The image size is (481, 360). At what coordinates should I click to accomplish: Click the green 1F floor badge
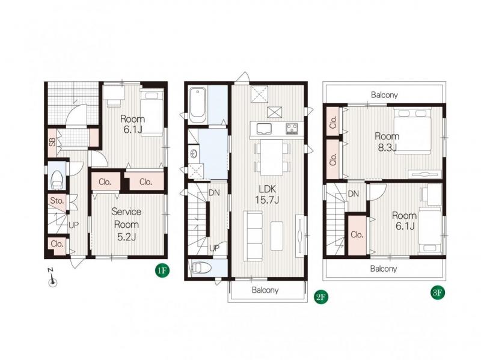(x=162, y=271)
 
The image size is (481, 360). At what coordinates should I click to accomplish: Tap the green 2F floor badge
(x=321, y=297)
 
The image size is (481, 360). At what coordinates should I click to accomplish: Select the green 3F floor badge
(x=437, y=293)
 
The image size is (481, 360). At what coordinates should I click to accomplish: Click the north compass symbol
(x=52, y=278)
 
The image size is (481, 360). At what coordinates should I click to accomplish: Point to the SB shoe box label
(x=52, y=142)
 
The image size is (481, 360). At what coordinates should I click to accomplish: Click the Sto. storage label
(x=57, y=201)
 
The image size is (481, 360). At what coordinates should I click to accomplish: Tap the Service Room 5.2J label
(x=126, y=224)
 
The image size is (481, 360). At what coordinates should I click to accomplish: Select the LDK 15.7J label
(x=267, y=194)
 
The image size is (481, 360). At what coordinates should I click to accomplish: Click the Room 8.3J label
(x=387, y=142)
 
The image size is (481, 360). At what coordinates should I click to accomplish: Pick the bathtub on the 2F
(x=197, y=105)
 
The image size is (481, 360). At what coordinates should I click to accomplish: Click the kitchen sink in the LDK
(x=264, y=129)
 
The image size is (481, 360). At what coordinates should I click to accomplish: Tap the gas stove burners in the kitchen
(x=292, y=129)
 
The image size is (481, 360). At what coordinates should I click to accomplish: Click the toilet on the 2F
(x=201, y=267)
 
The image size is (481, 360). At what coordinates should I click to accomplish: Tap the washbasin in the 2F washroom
(x=194, y=154)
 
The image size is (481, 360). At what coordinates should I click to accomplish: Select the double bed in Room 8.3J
(x=412, y=131)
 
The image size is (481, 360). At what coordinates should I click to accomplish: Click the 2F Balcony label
(x=265, y=290)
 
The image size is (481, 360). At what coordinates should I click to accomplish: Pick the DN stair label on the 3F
(x=354, y=194)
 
